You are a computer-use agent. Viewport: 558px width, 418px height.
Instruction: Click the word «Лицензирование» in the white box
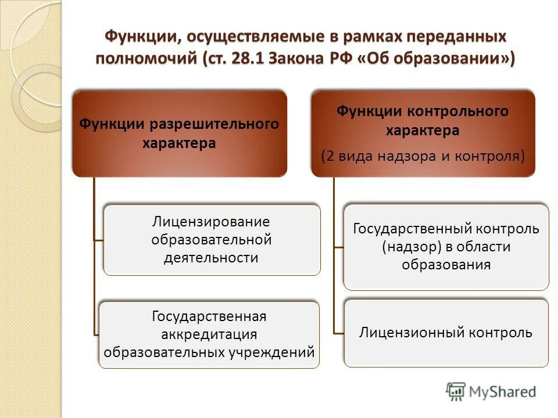point(212,222)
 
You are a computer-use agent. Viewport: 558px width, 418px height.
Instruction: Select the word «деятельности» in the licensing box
point(212,257)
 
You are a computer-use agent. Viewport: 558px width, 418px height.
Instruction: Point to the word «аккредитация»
point(209,334)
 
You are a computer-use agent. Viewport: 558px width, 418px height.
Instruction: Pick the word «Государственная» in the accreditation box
point(209,317)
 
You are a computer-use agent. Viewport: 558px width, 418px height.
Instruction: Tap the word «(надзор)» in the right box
point(412,247)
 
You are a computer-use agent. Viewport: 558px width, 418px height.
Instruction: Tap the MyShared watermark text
point(502,392)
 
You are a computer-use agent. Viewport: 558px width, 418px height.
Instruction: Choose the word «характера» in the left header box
point(179,143)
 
